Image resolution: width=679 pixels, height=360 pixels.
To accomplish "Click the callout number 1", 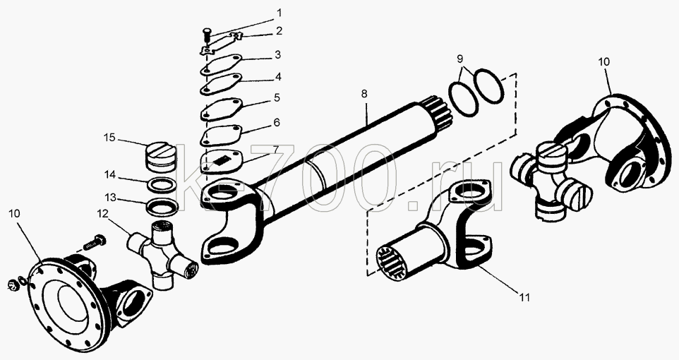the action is click(280, 13).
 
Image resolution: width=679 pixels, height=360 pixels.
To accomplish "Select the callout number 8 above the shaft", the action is click(364, 94).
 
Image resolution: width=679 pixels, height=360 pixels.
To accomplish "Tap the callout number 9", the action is click(460, 59).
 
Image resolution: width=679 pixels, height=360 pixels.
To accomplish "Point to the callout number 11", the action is click(524, 298).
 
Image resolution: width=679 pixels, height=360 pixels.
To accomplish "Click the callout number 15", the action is click(109, 138).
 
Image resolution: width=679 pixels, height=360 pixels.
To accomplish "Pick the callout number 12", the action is click(102, 214).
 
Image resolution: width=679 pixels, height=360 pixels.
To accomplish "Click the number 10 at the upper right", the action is click(603, 62).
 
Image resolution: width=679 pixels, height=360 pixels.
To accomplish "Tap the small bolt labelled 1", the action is click(208, 34).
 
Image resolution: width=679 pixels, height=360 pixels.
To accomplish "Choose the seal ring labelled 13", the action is click(162, 205).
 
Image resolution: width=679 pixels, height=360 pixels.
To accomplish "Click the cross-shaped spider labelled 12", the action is click(162, 254).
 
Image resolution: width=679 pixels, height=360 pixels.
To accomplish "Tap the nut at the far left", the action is click(14, 284).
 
